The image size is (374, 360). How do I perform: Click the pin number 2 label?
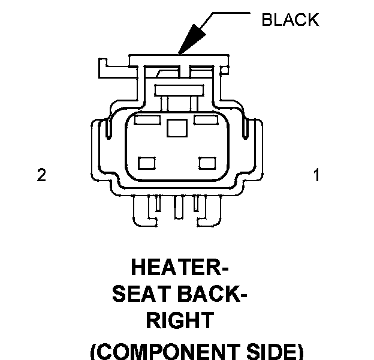coord(41,175)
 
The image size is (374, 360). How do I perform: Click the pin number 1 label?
coord(316,175)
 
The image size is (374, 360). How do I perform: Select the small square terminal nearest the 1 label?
coord(207,163)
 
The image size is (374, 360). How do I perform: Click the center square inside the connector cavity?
coord(177,128)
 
